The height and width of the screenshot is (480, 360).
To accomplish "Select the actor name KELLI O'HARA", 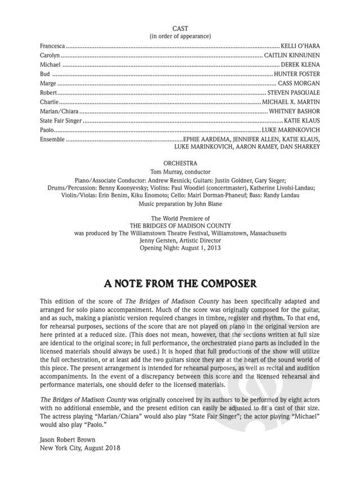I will click(300, 44).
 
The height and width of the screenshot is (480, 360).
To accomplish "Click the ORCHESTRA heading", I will click(180, 162).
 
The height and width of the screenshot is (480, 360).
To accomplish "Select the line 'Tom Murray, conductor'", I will click(180, 171).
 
